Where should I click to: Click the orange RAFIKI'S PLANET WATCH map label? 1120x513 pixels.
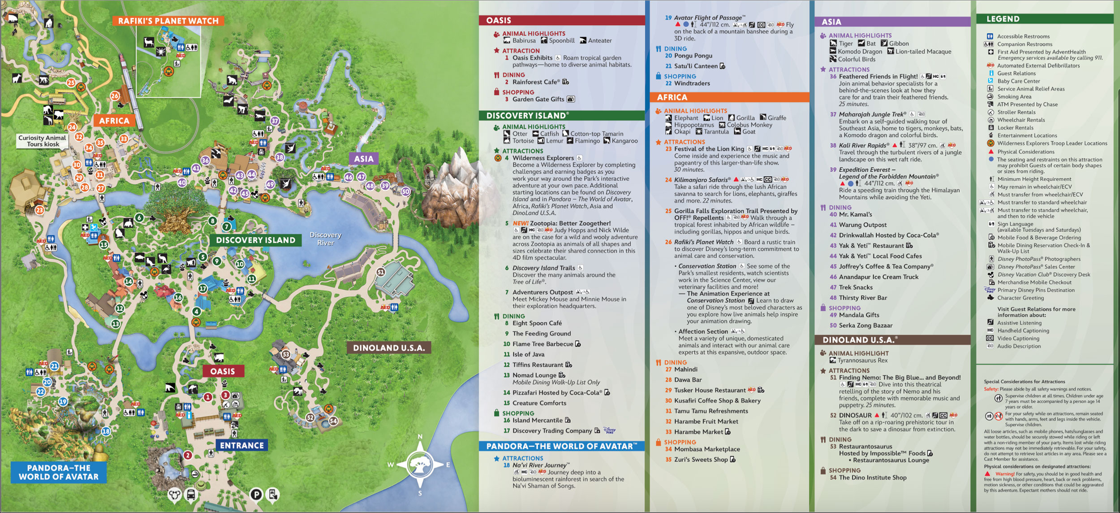[168, 21]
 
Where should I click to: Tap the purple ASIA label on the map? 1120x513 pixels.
[363, 159]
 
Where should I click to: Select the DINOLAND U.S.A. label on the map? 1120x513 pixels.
[388, 348]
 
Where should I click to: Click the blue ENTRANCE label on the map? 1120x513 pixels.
[242, 445]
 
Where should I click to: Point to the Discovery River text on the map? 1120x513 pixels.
[325, 239]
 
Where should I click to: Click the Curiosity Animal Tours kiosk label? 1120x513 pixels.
[43, 141]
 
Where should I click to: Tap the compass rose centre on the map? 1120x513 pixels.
[420, 464]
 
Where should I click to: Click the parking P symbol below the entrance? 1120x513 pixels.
[256, 495]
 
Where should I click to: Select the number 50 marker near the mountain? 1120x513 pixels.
[405, 191]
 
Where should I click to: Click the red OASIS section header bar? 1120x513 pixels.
[561, 20]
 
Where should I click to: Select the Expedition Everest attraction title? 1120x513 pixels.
[867, 170]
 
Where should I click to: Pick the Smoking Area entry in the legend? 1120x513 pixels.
[1014, 96]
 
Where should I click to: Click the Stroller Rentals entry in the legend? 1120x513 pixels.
[1016, 112]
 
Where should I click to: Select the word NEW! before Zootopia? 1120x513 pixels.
[520, 223]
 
